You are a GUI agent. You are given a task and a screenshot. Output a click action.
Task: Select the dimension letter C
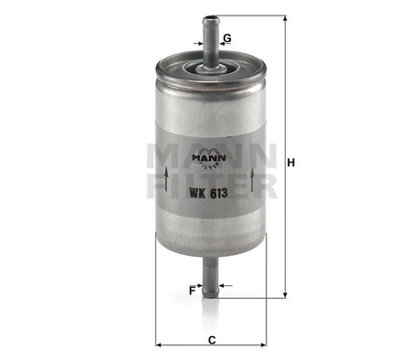click(212, 340)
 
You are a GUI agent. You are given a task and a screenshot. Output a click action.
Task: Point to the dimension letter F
click(193, 290)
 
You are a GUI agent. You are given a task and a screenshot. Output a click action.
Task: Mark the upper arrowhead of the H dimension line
click(285, 20)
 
